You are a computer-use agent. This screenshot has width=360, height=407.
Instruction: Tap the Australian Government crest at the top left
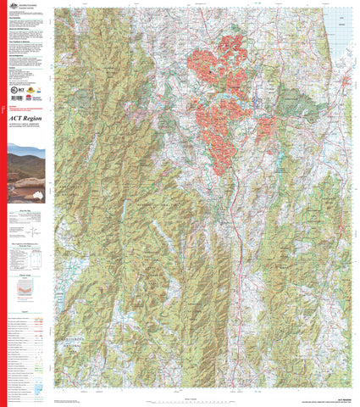tap(12, 7)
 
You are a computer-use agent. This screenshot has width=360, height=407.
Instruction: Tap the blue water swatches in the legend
tap(41, 392)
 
